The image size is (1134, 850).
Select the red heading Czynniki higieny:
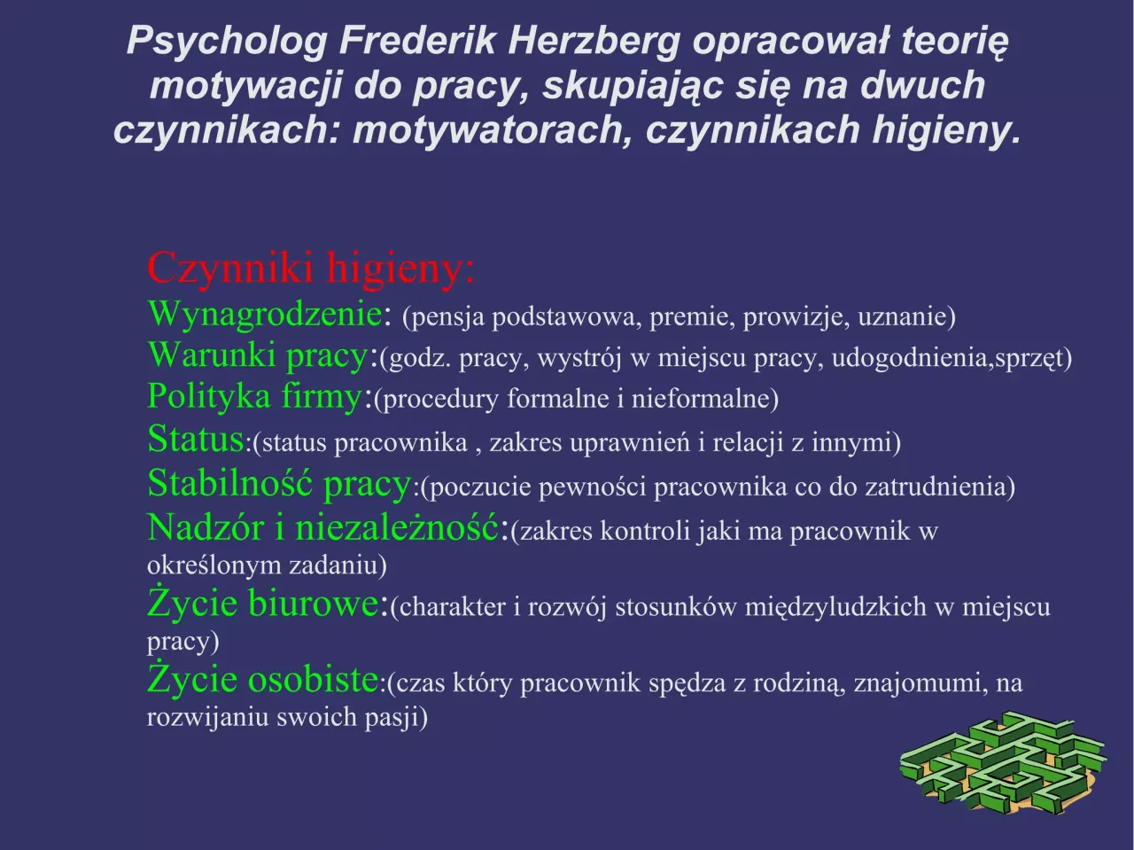(x=311, y=268)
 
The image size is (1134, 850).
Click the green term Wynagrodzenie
(x=265, y=314)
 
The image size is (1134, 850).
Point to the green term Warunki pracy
(x=257, y=355)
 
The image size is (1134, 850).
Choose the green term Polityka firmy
(x=254, y=396)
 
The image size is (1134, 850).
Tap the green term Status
(x=195, y=439)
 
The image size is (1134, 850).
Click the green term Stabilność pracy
(x=279, y=484)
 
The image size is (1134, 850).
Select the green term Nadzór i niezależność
(x=323, y=528)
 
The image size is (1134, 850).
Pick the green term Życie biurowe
(x=263, y=604)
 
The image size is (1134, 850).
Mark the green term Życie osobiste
(x=263, y=680)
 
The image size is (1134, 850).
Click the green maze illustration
(x=1001, y=762)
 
